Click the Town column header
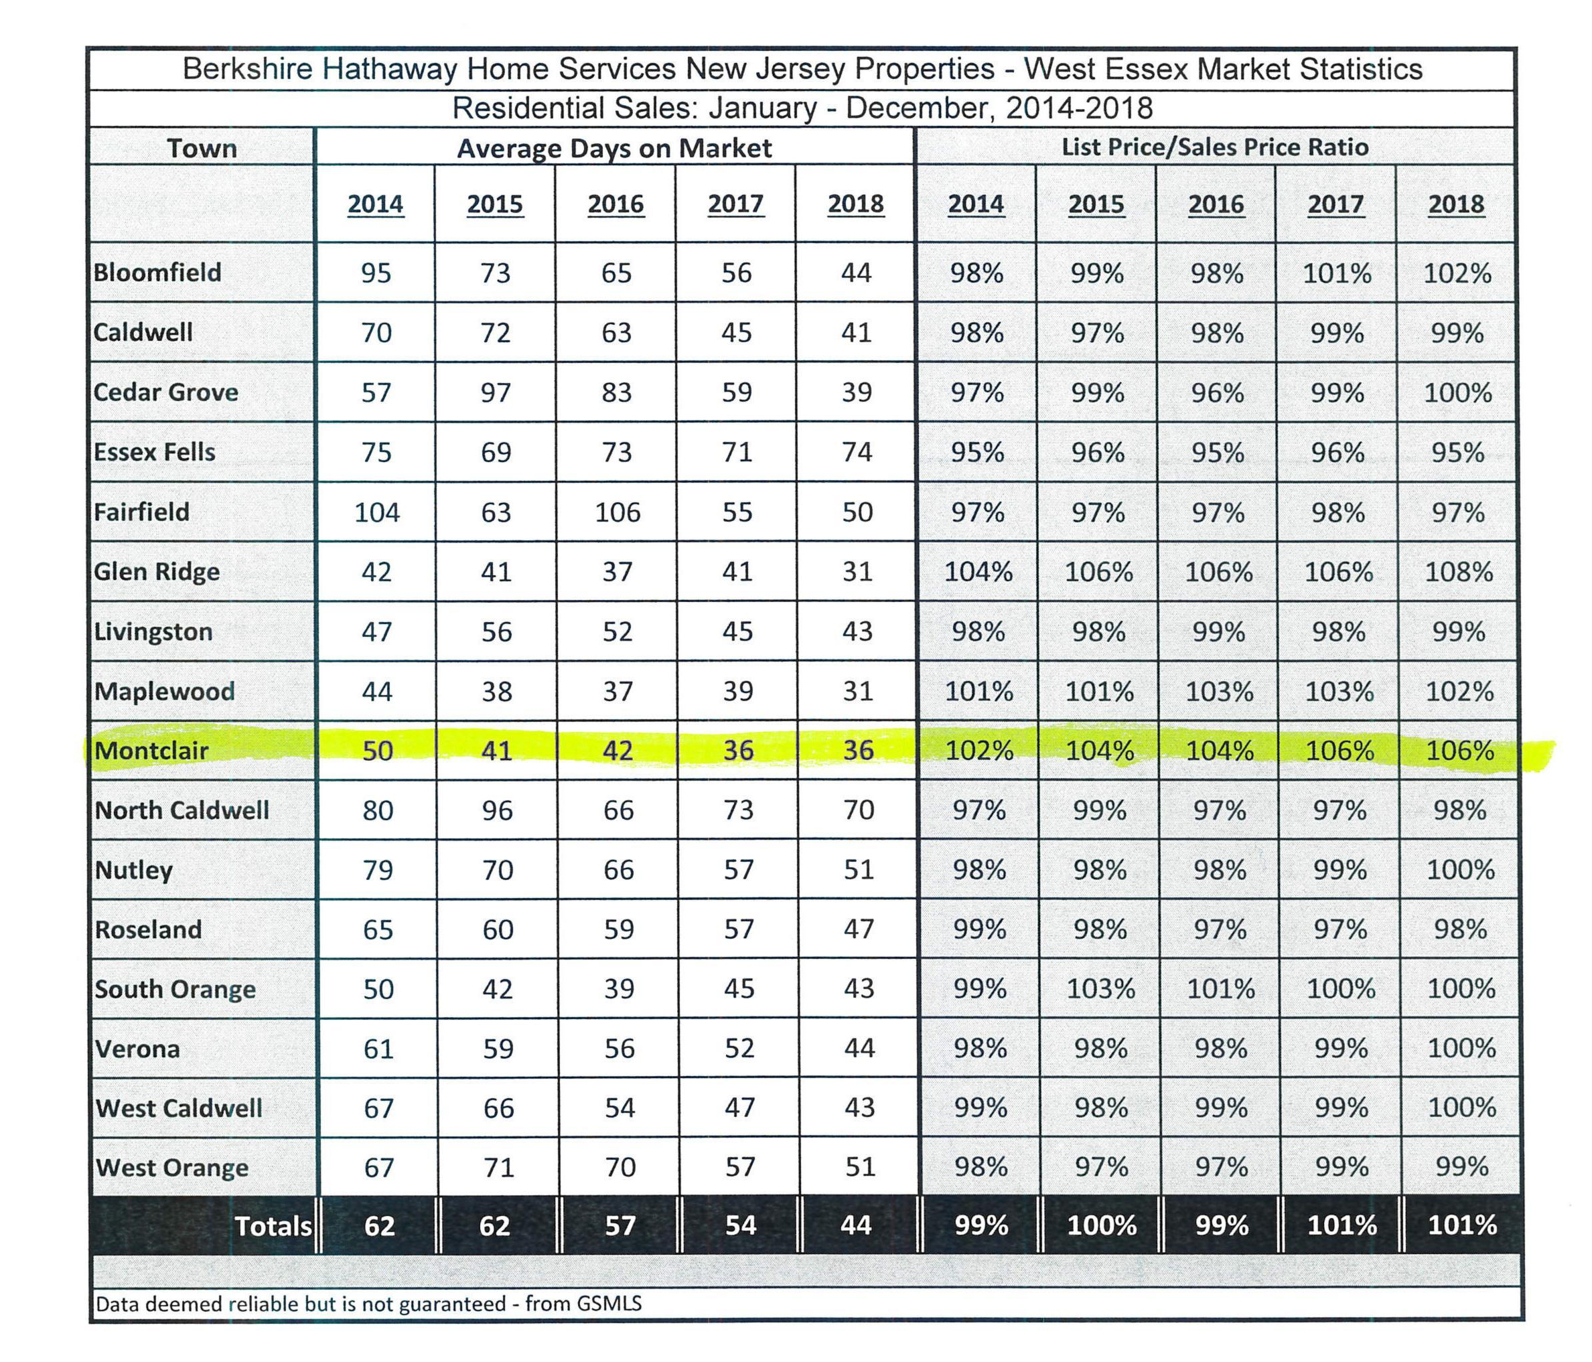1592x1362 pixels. click(x=202, y=148)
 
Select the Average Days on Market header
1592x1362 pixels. click(x=614, y=148)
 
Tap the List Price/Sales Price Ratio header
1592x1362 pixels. click(x=1215, y=147)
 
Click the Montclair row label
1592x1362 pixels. click(x=151, y=750)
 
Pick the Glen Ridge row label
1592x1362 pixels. click(x=157, y=573)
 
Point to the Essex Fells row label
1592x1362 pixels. click(x=155, y=452)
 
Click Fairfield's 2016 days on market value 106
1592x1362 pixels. click(x=617, y=512)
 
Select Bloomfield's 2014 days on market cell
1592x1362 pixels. click(x=376, y=273)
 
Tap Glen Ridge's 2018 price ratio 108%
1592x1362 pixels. click(x=1458, y=572)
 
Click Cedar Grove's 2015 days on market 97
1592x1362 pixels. click(x=496, y=392)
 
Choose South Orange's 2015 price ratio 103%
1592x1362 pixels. click(x=1100, y=988)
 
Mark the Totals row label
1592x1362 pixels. click(x=273, y=1226)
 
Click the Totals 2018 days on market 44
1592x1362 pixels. click(x=856, y=1225)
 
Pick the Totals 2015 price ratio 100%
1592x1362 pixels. click(x=1102, y=1225)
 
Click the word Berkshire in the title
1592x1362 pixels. click(x=247, y=69)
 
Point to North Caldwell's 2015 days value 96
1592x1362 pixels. click(x=497, y=810)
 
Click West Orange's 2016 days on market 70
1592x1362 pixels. click(x=620, y=1167)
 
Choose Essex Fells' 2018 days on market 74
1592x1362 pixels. click(x=857, y=452)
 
